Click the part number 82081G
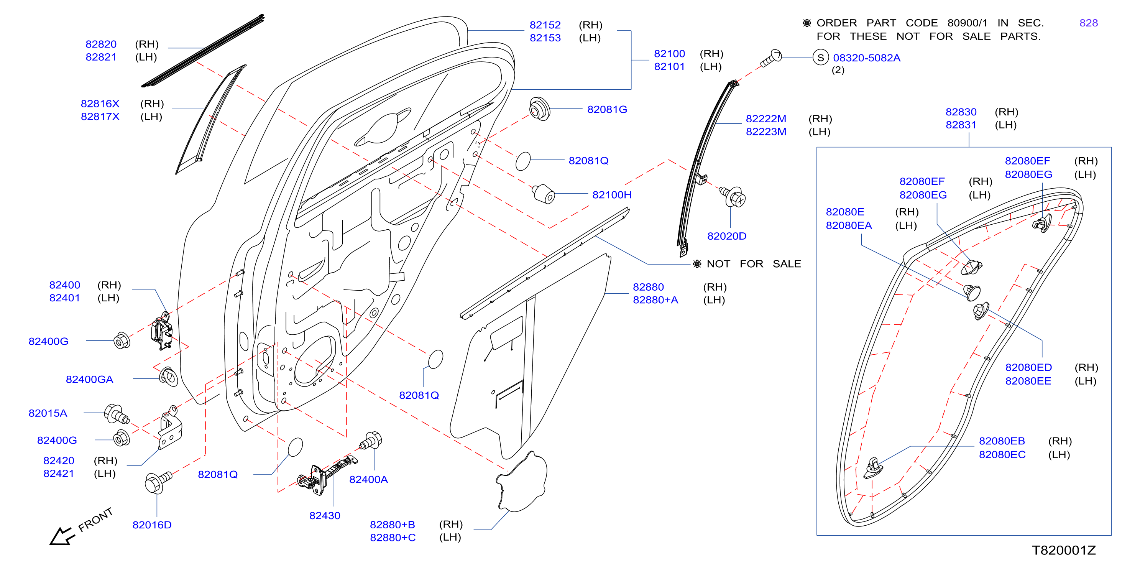[607, 109]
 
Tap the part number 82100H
[612, 195]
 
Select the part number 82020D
[727, 236]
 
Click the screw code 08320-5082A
[867, 58]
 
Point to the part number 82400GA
[89, 380]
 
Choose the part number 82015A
[48, 413]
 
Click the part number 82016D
[152, 525]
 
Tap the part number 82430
[325, 515]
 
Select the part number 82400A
[369, 480]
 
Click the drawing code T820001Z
[1064, 550]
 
